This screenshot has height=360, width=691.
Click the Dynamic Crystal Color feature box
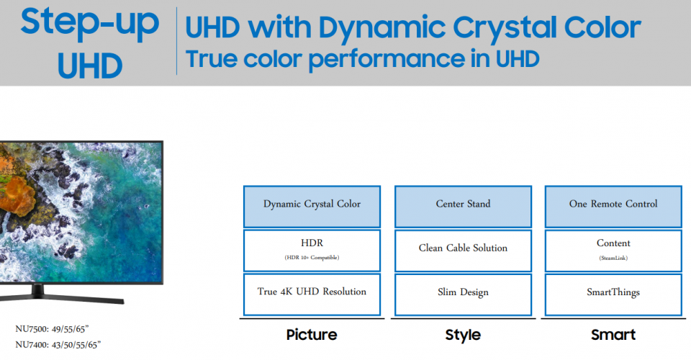312,207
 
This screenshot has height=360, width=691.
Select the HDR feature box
312,251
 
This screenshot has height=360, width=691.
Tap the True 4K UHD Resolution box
312,294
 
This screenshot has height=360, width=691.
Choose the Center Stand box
463,207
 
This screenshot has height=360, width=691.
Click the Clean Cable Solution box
463,251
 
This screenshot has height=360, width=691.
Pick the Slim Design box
463,294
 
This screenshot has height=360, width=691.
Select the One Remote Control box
613,207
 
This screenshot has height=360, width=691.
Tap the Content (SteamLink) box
613,251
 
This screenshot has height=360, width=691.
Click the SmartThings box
613,294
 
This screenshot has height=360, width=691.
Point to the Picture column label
312,335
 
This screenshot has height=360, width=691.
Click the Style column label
463,335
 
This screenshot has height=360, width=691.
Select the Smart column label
613,335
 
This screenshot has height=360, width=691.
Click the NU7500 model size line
52,329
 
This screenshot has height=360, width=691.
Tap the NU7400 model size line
58,345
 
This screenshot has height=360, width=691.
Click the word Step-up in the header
89,23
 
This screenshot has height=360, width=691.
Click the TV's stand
62,294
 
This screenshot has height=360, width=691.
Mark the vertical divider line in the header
177,41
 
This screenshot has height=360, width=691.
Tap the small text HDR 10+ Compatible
312,257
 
